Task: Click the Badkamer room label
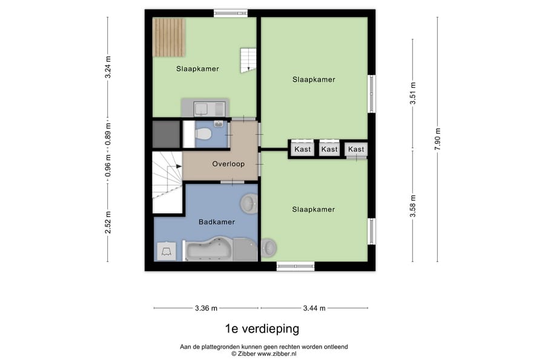[x=217, y=222]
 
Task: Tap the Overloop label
[x=228, y=164]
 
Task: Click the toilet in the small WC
[x=203, y=134]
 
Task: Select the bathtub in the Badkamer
[x=209, y=249]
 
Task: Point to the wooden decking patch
[x=168, y=38]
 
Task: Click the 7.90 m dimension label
[x=437, y=139]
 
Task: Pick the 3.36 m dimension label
[x=206, y=308]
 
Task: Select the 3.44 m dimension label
[x=314, y=308]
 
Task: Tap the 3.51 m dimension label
[x=412, y=93]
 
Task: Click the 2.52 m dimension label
[x=108, y=223]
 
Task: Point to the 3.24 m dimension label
[x=108, y=67]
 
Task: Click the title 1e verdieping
[x=262, y=329]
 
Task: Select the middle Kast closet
[x=329, y=149]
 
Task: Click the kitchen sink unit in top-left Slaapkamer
[x=205, y=108]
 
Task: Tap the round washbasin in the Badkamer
[x=249, y=203]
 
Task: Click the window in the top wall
[x=231, y=13]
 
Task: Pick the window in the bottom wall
[x=296, y=266]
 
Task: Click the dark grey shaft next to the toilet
[x=167, y=134]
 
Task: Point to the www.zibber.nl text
[x=277, y=354]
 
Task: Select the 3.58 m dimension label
[x=412, y=206]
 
